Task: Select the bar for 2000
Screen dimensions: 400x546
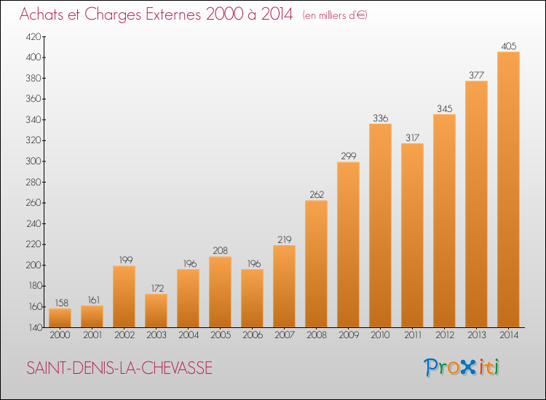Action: click(x=60, y=318)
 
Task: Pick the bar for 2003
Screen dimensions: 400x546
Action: click(x=156, y=310)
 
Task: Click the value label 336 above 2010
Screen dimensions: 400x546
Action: click(x=380, y=118)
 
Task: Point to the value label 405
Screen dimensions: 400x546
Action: click(x=508, y=46)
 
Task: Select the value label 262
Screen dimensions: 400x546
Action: click(x=316, y=194)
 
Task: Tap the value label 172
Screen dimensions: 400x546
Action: click(x=156, y=288)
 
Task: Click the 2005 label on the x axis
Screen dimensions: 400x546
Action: click(x=220, y=335)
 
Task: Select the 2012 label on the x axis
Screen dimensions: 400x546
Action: click(x=444, y=335)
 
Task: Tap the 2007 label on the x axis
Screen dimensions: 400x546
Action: click(x=284, y=335)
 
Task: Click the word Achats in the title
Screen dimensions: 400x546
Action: click(x=45, y=14)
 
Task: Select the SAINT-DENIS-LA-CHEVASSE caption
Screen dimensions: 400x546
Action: click(x=120, y=368)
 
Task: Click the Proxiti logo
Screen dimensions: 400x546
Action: click(x=462, y=367)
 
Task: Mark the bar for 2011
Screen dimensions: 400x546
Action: click(x=412, y=235)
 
